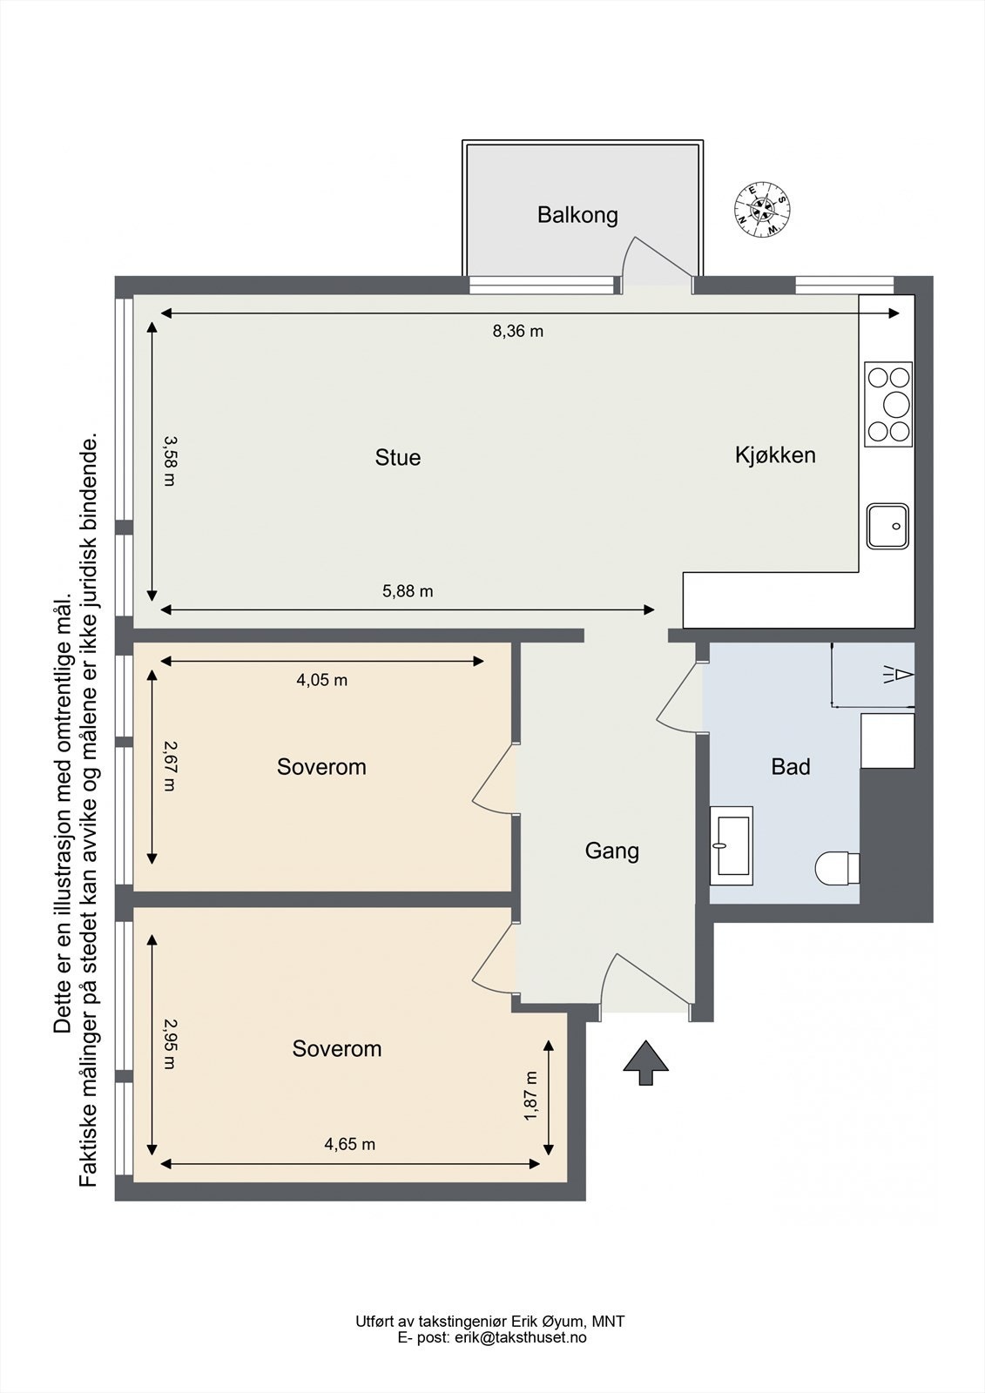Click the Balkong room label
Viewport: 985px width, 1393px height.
pos(577,215)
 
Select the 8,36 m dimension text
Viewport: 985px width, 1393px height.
pos(517,332)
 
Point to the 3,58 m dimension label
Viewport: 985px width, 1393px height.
pos(169,461)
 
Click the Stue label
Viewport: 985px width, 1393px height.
pos(398,458)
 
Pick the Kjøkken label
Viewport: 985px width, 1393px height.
pos(775,455)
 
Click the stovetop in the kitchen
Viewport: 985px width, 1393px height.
pos(888,404)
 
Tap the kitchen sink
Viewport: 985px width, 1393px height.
pos(888,526)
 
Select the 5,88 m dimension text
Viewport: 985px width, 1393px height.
pos(408,591)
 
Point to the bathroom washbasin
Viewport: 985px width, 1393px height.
pos(732,845)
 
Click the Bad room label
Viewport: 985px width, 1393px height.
pos(791,767)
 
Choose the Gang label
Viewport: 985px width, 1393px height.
pos(611,851)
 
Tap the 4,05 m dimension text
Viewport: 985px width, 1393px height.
pos(321,680)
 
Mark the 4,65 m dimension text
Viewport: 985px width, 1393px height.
pos(350,1144)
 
